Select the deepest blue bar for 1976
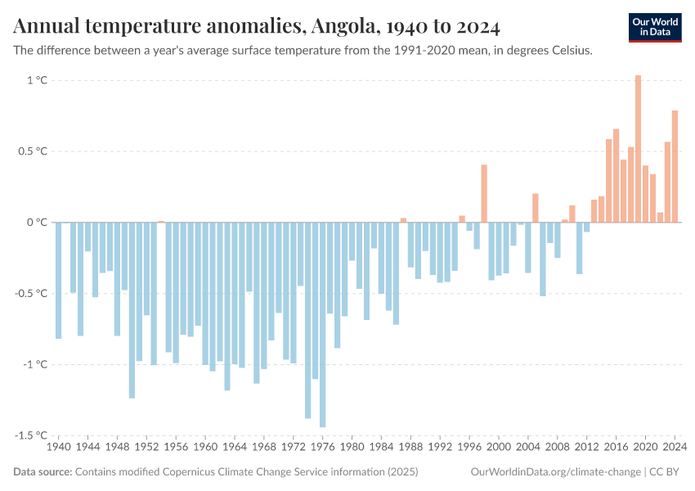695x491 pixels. pyautogui.click(x=322, y=324)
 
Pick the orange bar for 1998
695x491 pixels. pyautogui.click(x=484, y=193)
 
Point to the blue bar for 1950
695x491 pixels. pyautogui.click(x=132, y=310)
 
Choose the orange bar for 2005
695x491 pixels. pyautogui.click(x=536, y=208)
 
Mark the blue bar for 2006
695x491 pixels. pyautogui.click(x=543, y=259)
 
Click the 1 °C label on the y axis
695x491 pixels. pyautogui.click(x=38, y=80)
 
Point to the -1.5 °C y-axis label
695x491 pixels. pyautogui.click(x=33, y=435)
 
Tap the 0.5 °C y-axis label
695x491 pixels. pyautogui.click(x=33, y=151)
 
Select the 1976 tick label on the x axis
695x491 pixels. pyautogui.click(x=322, y=448)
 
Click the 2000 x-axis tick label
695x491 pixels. pyautogui.click(x=499, y=448)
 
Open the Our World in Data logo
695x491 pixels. pyautogui.click(x=655, y=27)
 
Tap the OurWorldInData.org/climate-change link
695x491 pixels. pyautogui.click(x=556, y=472)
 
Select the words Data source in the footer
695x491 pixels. pyautogui.click(x=42, y=472)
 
